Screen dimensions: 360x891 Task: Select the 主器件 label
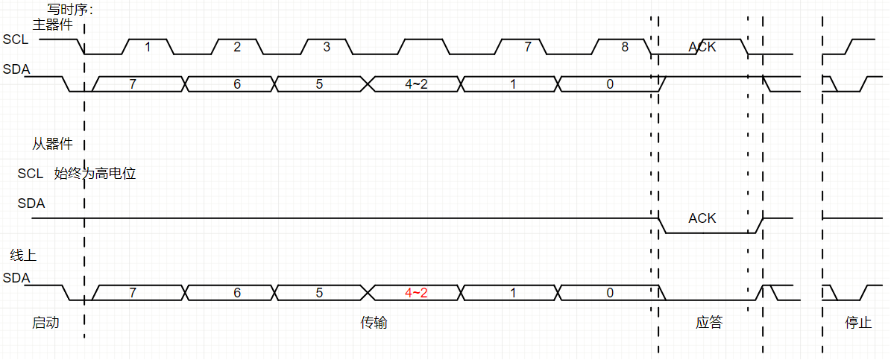(52, 25)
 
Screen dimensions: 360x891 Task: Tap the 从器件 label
(51, 144)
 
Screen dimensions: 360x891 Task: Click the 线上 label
(23, 256)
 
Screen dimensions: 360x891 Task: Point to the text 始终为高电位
(95, 174)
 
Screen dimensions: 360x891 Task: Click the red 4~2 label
(416, 293)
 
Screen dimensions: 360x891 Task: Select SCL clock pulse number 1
(148, 47)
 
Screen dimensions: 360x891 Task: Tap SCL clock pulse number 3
(327, 47)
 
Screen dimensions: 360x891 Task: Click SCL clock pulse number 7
(527, 47)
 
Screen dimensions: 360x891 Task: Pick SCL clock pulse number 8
(625, 47)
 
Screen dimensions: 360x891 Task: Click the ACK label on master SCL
(702, 47)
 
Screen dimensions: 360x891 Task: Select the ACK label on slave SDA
(702, 218)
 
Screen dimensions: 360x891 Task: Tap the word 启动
(45, 323)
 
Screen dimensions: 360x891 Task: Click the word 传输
(374, 323)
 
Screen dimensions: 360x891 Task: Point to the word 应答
(709, 323)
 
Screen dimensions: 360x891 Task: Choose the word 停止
(858, 323)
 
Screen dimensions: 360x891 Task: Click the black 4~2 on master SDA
(416, 84)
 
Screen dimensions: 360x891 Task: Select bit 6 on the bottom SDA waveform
(237, 293)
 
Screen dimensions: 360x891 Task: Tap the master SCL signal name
(16, 39)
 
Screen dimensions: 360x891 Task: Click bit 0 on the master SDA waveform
(610, 84)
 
